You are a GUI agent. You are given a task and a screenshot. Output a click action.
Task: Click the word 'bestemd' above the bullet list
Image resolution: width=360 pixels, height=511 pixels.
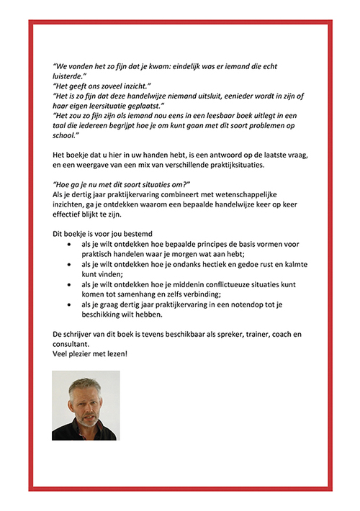[x=137, y=234]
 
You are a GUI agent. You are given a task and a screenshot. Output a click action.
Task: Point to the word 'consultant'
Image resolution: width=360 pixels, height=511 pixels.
[x=73, y=344]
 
